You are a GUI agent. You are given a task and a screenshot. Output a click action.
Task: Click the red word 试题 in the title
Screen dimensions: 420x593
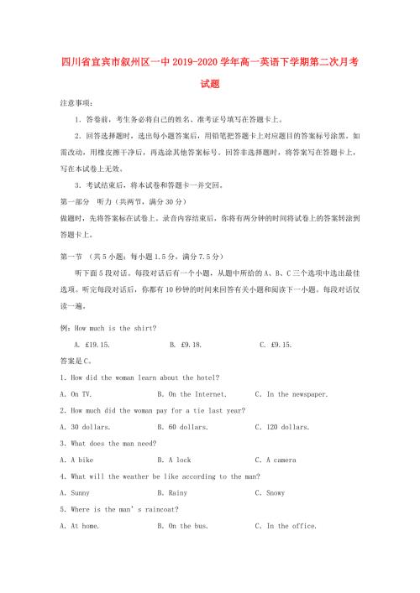point(210,84)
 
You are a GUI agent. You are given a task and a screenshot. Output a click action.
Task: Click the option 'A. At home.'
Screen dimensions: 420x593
point(80,526)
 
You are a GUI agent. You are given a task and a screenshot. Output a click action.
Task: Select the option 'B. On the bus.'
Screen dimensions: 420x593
point(183,526)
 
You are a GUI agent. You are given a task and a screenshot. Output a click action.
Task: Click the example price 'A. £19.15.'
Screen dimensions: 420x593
point(92,344)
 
